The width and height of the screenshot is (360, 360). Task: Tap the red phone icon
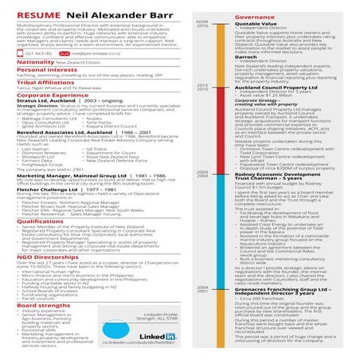10,54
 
